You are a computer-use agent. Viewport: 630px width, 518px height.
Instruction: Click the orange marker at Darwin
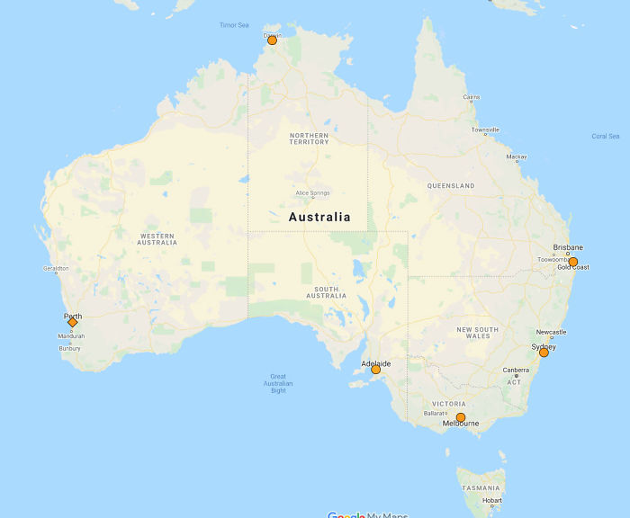tap(272, 40)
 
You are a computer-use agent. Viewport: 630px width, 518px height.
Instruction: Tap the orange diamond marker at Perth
tap(73, 322)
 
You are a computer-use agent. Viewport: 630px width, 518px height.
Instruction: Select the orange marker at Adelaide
tap(376, 370)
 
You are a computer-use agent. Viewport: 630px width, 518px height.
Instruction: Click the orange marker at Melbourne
tap(461, 417)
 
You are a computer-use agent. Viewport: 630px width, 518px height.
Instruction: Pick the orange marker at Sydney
tap(544, 353)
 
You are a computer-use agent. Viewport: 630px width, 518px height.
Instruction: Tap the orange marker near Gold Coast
tap(572, 262)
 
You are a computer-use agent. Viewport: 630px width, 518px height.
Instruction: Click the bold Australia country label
tap(319, 217)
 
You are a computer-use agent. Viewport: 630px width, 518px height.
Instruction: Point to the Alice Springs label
tap(312, 193)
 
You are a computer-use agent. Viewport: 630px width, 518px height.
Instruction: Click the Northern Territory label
tap(309, 138)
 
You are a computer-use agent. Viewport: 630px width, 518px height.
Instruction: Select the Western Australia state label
tap(157, 239)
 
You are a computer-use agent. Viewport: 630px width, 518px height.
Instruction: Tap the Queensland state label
tap(451, 186)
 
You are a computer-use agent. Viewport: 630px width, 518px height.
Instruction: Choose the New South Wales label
tap(477, 333)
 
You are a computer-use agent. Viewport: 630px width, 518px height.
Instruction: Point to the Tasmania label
tap(481, 487)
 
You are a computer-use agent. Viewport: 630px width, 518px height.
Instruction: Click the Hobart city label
tap(491, 501)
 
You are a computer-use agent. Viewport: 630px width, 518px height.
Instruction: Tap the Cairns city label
tap(471, 97)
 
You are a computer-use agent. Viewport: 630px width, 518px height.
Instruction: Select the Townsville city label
tap(485, 129)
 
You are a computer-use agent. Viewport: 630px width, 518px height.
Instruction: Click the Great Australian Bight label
tap(278, 383)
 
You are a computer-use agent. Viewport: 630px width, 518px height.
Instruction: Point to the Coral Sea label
tap(606, 137)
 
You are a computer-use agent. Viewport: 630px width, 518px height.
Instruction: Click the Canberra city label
tap(516, 371)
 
